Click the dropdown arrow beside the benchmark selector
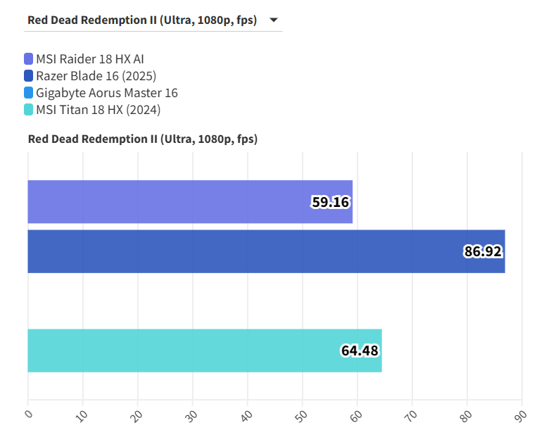(273, 20)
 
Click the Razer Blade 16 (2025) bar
(246, 251)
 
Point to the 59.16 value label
(331, 203)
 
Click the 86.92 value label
(483, 251)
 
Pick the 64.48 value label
(360, 351)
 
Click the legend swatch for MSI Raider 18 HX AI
(28, 59)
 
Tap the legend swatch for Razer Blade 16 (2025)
(28, 76)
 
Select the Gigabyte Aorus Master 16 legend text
(106, 93)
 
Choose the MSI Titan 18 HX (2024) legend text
(99, 110)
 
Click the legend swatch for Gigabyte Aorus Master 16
(28, 93)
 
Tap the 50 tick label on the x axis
(303, 415)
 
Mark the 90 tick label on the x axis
(522, 415)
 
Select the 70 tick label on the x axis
(412, 415)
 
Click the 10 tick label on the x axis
(83, 415)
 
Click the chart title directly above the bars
(143, 139)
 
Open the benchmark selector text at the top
(142, 20)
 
